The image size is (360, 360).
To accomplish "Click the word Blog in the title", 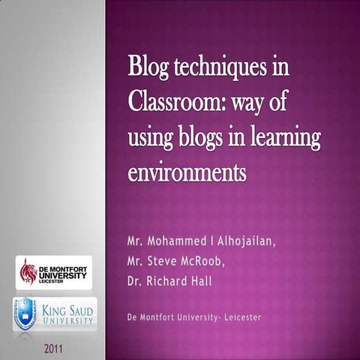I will pyautogui.click(x=148, y=67).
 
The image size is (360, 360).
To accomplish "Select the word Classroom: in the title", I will pyautogui.click(x=170, y=102).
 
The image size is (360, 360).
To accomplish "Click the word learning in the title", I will pyautogui.click(x=289, y=138).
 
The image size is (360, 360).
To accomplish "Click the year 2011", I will pyautogui.click(x=54, y=348).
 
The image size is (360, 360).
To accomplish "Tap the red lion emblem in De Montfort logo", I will pyautogui.click(x=28, y=271).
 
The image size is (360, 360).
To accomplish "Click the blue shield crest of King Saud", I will pyautogui.click(x=25, y=313).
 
